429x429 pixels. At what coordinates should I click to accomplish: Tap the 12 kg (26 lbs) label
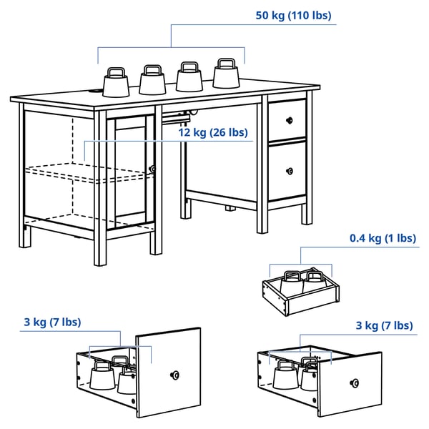212,132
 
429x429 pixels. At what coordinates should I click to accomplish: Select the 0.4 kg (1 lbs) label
383,238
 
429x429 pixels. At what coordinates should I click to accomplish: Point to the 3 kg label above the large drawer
384,325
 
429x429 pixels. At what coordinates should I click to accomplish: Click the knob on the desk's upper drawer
290,120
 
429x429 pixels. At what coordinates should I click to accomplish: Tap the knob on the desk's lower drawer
289,170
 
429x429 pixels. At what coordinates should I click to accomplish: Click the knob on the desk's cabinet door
152,169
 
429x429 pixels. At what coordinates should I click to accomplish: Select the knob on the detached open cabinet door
174,375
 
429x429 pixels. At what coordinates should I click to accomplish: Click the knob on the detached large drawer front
353,385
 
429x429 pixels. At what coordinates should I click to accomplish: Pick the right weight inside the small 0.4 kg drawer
315,281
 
